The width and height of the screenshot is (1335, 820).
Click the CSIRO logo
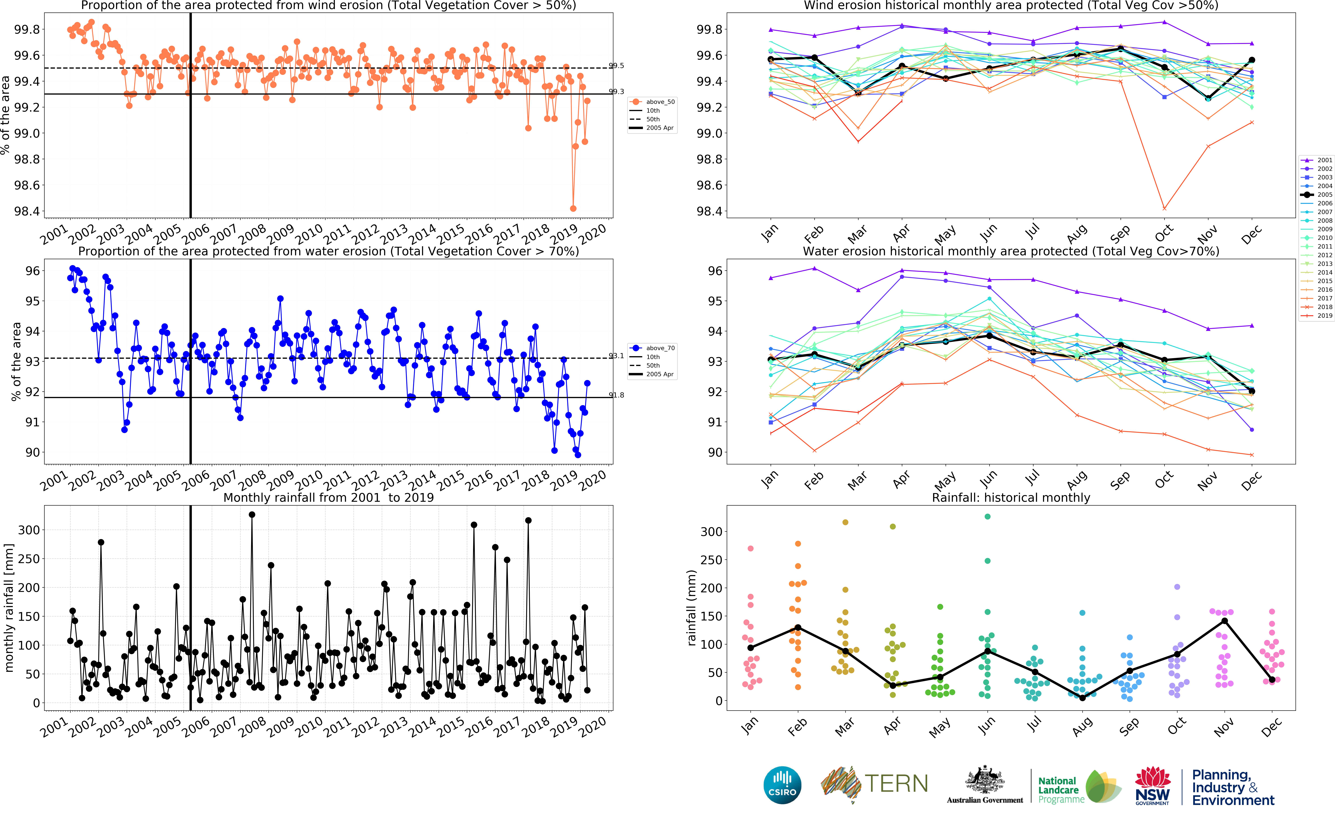click(x=782, y=785)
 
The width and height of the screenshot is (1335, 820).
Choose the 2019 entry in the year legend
click(x=1318, y=316)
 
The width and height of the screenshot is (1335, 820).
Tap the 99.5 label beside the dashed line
click(x=617, y=66)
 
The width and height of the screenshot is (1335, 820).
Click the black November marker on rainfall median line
click(x=1224, y=621)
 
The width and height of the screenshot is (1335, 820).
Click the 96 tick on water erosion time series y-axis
click(x=33, y=271)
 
